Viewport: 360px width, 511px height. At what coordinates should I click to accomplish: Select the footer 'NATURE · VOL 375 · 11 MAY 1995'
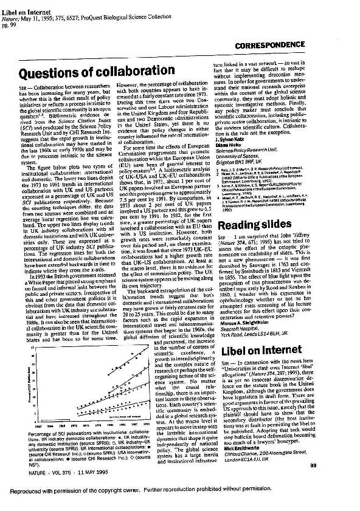(x=51, y=466)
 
